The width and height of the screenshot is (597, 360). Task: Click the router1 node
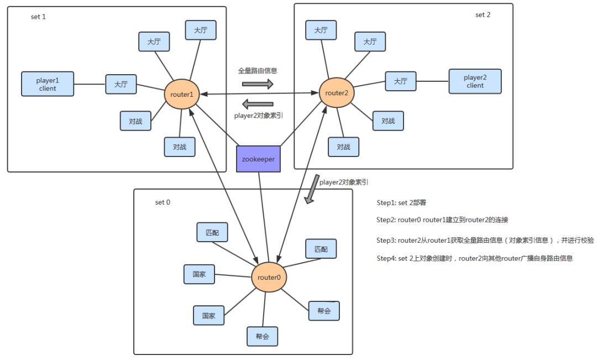click(182, 95)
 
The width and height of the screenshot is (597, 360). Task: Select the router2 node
click(337, 93)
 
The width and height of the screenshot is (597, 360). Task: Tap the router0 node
click(269, 277)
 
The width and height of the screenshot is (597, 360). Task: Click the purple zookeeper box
click(259, 159)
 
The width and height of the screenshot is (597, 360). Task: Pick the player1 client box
click(48, 84)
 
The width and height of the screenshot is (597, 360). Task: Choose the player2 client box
click(475, 81)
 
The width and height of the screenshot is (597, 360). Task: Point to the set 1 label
click(38, 17)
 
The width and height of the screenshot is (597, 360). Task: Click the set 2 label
click(483, 14)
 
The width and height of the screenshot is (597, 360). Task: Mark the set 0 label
click(163, 202)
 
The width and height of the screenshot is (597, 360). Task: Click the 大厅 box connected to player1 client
click(121, 85)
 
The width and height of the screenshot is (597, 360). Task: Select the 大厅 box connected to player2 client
click(401, 81)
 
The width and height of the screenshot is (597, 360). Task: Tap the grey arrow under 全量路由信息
click(258, 84)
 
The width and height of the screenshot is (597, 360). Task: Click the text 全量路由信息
click(258, 71)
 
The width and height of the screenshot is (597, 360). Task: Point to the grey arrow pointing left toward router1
click(258, 103)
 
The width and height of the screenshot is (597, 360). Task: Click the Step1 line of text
click(401, 203)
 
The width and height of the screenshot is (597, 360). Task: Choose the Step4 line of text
click(474, 258)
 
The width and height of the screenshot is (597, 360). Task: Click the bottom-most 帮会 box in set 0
click(262, 336)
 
